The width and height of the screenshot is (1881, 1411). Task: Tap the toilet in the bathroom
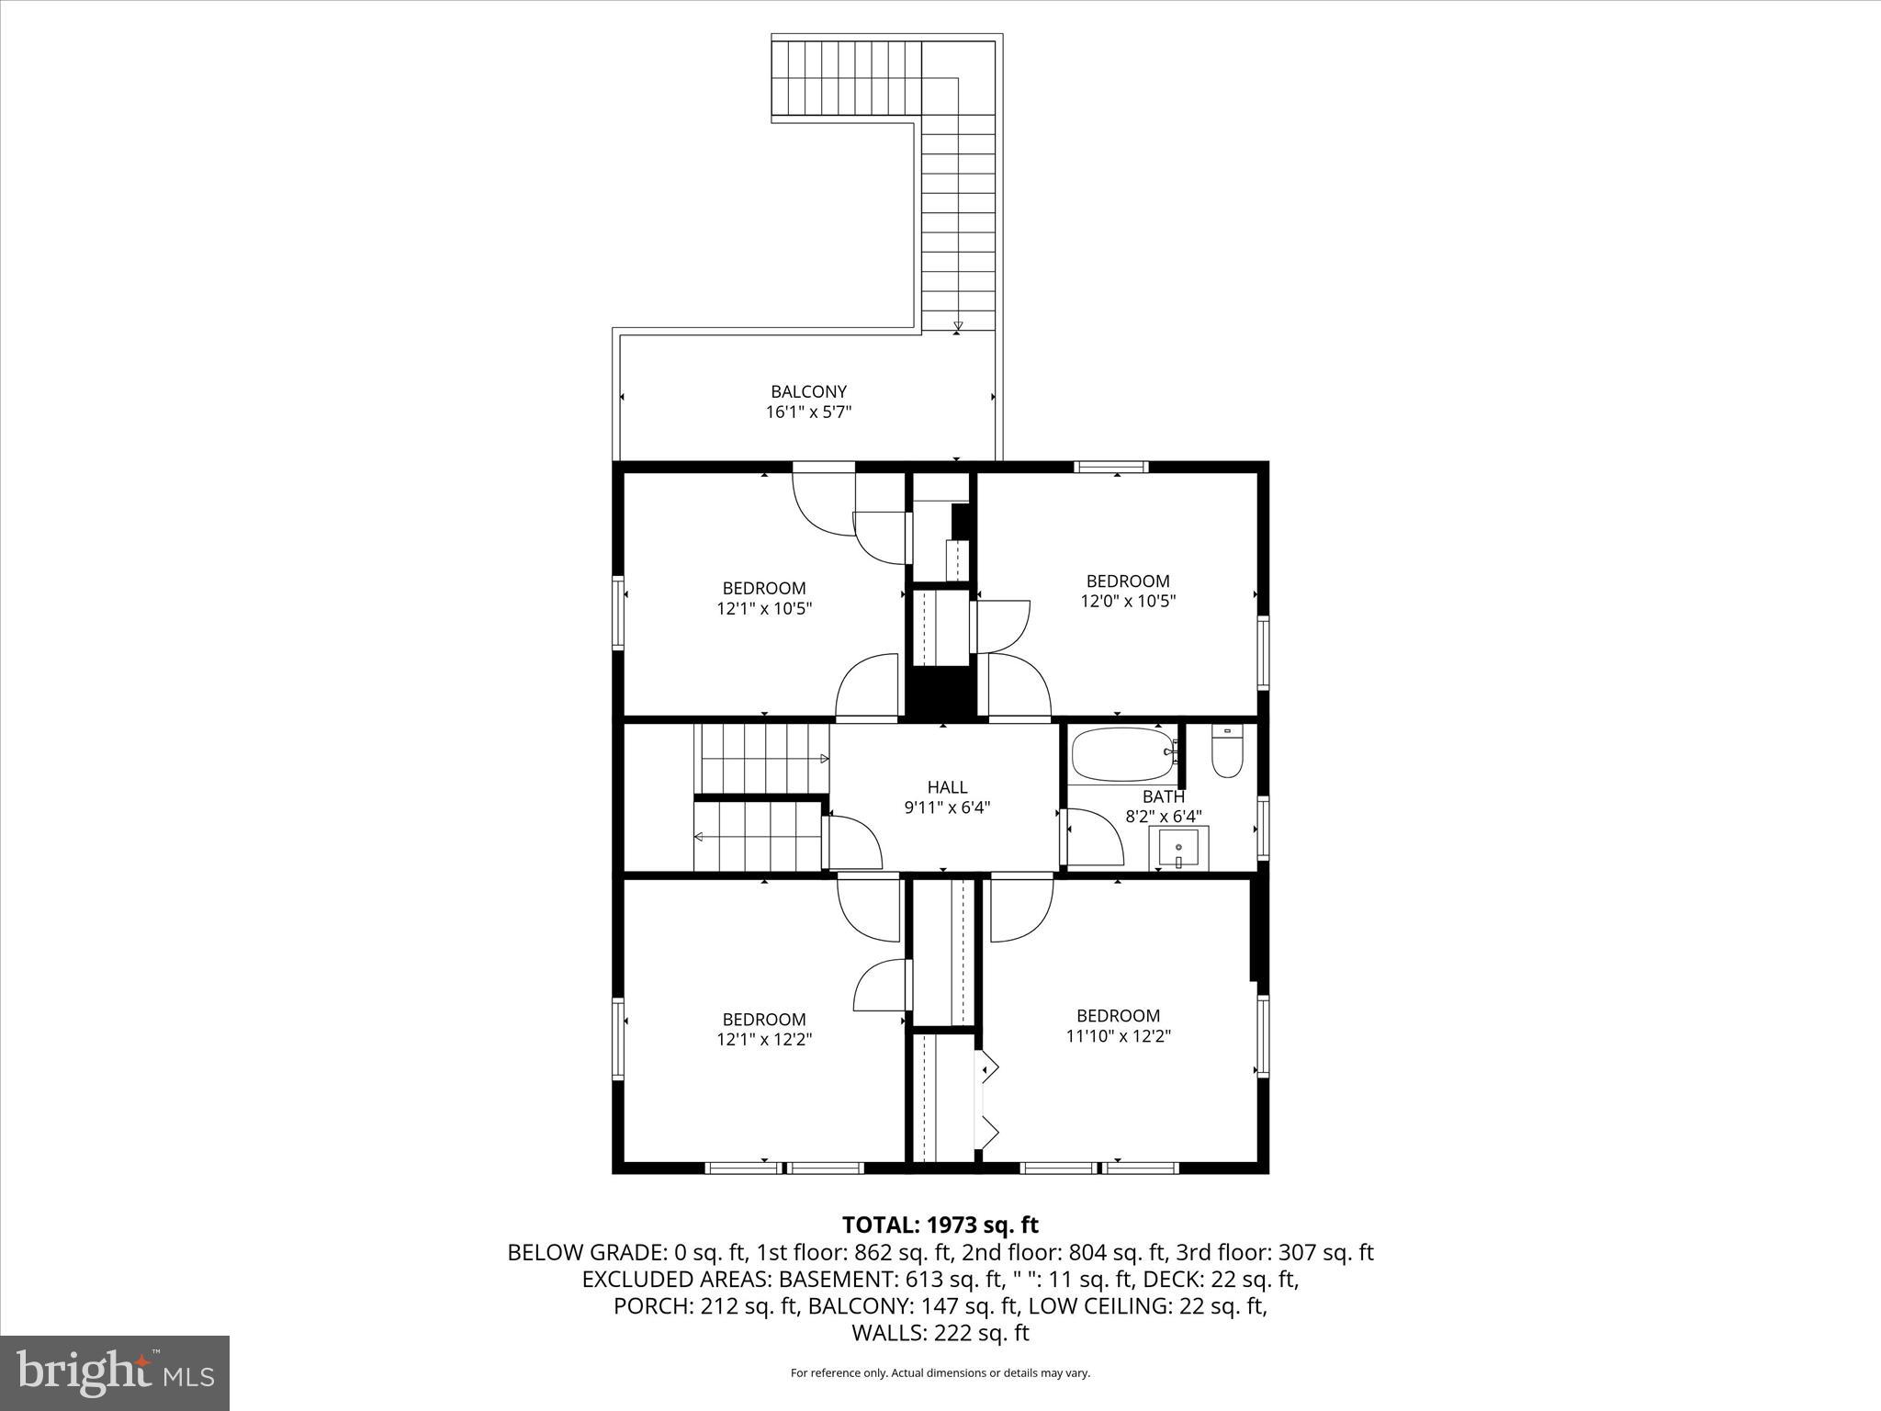(1227, 752)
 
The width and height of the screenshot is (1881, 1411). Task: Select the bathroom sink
(1178, 848)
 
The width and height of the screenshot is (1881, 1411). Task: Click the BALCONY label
(808, 392)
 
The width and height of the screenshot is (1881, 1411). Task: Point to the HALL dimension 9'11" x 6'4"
(947, 807)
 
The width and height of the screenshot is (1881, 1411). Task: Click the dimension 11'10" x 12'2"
(1118, 1036)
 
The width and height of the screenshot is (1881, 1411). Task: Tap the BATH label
(1163, 796)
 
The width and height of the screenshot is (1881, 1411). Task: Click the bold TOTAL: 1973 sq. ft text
(940, 1225)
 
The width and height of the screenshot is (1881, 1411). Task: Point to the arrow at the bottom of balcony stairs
(958, 325)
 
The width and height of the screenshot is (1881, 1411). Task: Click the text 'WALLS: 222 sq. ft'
(940, 1333)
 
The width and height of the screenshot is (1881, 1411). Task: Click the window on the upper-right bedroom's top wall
(1111, 467)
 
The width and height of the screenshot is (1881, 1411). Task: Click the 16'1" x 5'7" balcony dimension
(808, 412)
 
